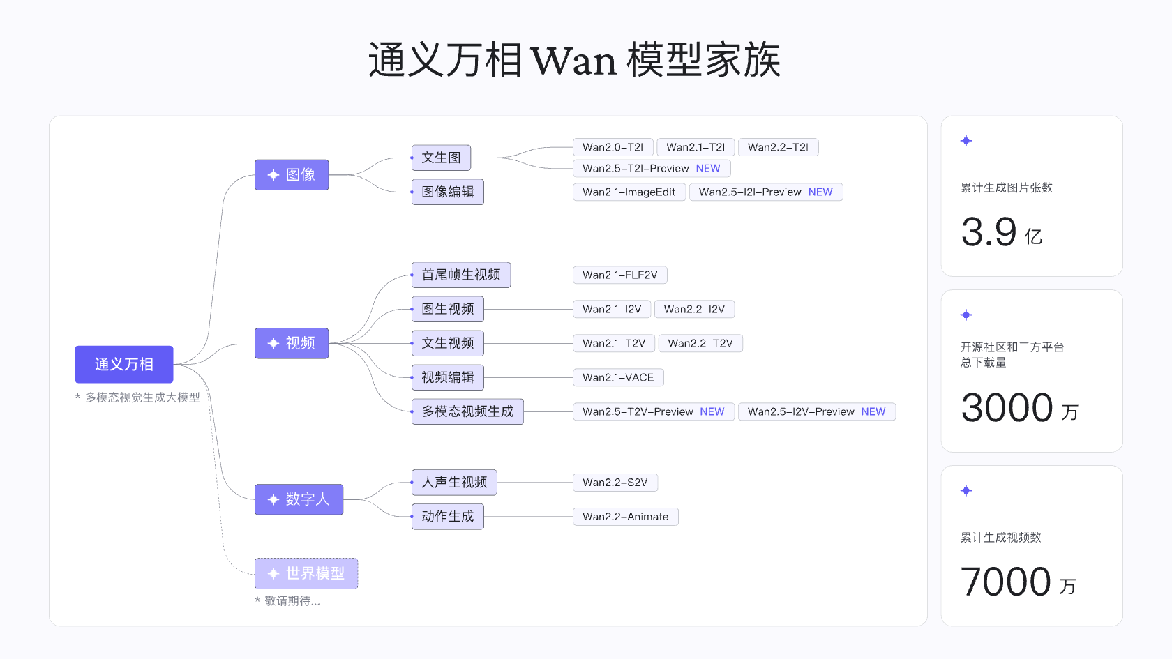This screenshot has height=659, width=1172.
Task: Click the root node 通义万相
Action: pyautogui.click(x=124, y=364)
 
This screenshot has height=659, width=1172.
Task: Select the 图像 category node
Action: pyautogui.click(x=292, y=174)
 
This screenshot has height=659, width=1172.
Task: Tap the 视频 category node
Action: pyautogui.click(x=292, y=343)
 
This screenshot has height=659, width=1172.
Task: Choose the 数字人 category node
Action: pyautogui.click(x=299, y=499)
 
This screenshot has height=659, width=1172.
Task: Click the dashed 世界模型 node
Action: pyautogui.click(x=306, y=574)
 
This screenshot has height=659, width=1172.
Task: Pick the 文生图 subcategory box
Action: pyautogui.click(x=441, y=158)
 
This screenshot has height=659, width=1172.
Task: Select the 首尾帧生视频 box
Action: pyautogui.click(x=461, y=275)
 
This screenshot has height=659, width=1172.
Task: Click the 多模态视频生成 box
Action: pyautogui.click(x=467, y=411)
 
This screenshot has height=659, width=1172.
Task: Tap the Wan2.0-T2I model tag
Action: pyautogui.click(x=613, y=147)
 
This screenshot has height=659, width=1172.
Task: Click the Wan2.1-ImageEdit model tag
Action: pyautogui.click(x=629, y=192)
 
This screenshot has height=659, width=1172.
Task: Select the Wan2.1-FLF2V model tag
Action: pyautogui.click(x=620, y=275)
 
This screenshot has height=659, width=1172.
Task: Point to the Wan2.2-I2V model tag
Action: pyautogui.click(x=694, y=309)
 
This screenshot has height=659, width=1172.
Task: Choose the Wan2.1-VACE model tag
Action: pyautogui.click(x=618, y=378)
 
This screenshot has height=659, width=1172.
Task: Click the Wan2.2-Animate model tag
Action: pyautogui.click(x=626, y=517)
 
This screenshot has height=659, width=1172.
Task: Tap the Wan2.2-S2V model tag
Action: pyautogui.click(x=615, y=483)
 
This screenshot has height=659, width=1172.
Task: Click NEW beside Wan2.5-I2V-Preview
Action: pyautogui.click(x=873, y=411)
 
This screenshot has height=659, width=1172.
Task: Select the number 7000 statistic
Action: pyautogui.click(x=1006, y=581)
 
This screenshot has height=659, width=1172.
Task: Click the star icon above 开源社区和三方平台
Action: pyautogui.click(x=966, y=315)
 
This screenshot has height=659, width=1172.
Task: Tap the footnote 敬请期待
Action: pyautogui.click(x=292, y=601)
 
